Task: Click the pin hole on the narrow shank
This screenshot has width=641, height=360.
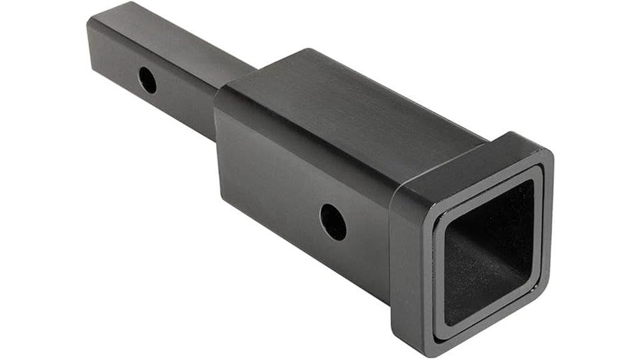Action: (148, 80)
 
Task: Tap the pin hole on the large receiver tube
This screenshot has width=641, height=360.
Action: (333, 222)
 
